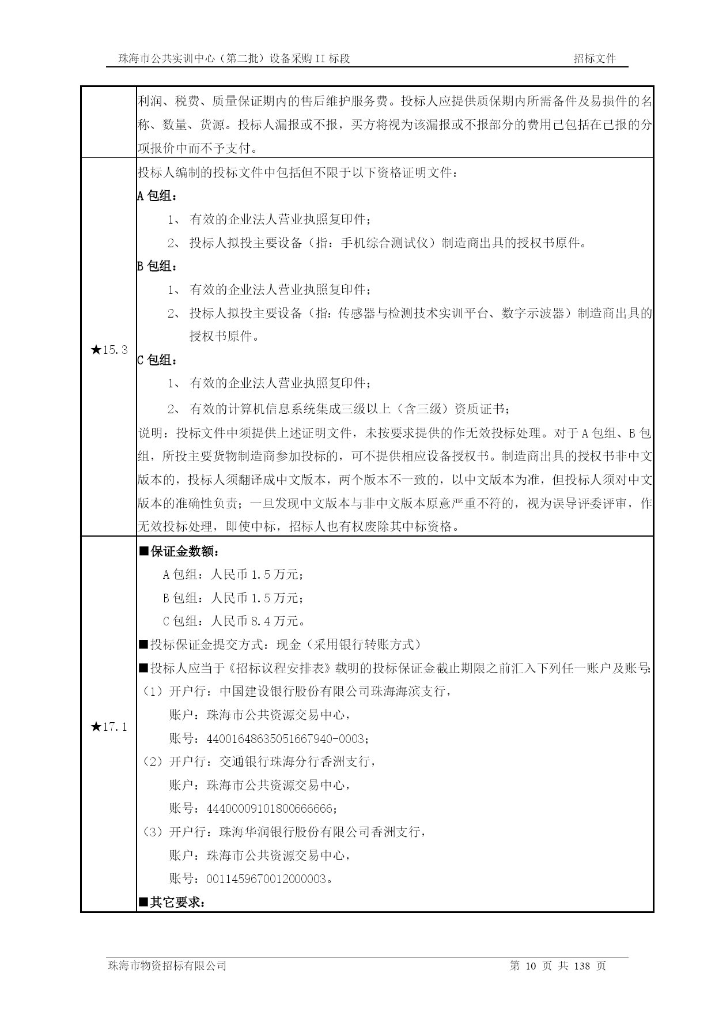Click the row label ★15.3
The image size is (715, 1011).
point(109,349)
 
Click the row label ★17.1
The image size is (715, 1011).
point(109,727)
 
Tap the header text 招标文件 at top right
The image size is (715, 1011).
point(595,58)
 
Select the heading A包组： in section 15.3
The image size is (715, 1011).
point(157,196)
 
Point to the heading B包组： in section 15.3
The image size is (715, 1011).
point(157,266)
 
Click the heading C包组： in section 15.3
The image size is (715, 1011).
point(157,360)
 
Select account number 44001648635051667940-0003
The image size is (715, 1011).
point(286,739)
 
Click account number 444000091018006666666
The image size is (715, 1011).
point(269,809)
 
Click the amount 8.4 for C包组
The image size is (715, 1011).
point(257,621)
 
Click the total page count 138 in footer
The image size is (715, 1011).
point(582,966)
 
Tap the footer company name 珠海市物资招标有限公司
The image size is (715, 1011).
point(167,966)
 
